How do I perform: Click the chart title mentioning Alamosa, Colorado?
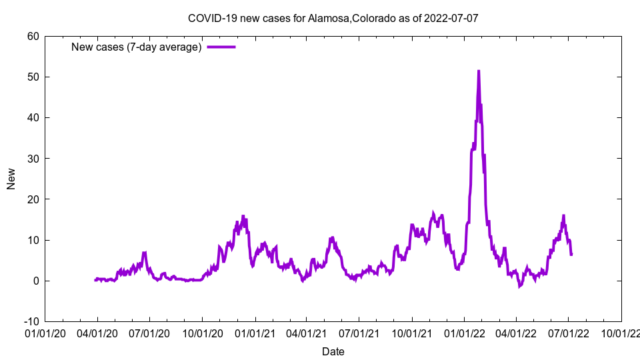point(333,18)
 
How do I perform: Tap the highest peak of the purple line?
point(478,71)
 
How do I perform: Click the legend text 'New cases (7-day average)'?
point(137,47)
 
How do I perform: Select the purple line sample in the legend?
point(221,47)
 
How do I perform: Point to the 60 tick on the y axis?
point(33,36)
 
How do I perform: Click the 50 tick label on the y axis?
point(33,77)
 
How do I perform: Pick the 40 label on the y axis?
point(33,117)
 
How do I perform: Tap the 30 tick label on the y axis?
point(33,158)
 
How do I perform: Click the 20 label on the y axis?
point(33,199)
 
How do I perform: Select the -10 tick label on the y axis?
point(31,321)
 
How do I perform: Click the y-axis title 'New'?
point(11,179)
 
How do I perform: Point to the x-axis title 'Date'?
point(333,351)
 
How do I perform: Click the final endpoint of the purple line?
point(571,255)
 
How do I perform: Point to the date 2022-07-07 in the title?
point(451,18)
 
